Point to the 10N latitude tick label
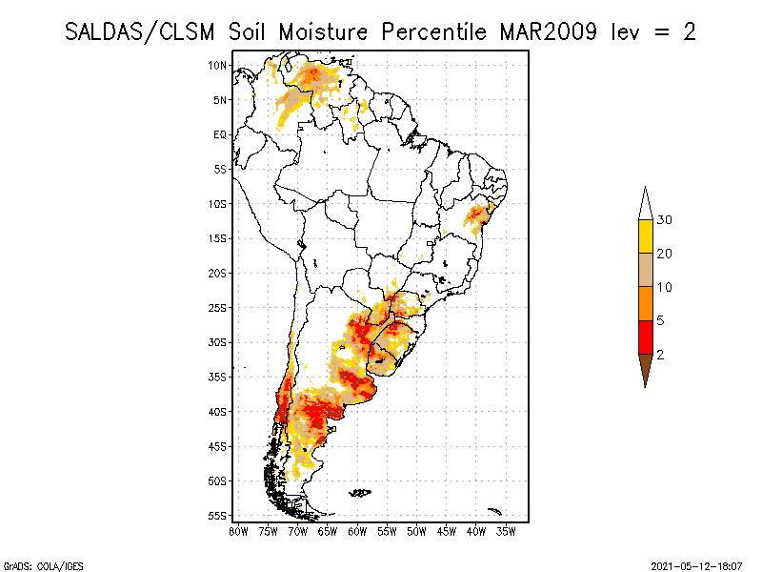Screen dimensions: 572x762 point(218,65)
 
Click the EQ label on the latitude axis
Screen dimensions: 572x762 point(220,134)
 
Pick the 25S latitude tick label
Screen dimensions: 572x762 point(218,308)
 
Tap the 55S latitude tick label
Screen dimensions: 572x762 point(218,516)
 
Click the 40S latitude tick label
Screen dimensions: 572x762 point(218,412)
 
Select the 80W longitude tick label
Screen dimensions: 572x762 point(238,530)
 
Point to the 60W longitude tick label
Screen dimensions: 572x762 point(357,530)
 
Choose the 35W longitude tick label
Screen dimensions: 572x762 point(506,530)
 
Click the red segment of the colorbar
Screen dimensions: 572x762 point(645,337)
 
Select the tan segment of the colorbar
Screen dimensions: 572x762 point(645,270)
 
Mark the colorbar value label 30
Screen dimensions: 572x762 point(665,220)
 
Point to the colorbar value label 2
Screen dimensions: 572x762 point(660,354)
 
